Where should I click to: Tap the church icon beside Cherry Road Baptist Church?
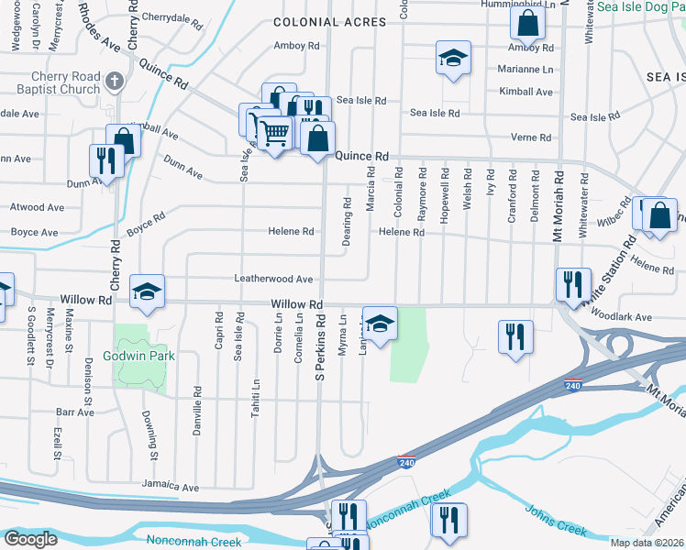114,82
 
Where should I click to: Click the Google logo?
30,538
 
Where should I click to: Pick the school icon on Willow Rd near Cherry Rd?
147,291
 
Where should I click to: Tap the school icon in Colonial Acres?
452,58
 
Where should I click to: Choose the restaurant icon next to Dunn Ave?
107,160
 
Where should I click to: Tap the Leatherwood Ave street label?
274,279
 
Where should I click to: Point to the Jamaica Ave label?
170,486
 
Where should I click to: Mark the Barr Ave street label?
74,412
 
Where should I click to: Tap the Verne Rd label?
533,137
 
